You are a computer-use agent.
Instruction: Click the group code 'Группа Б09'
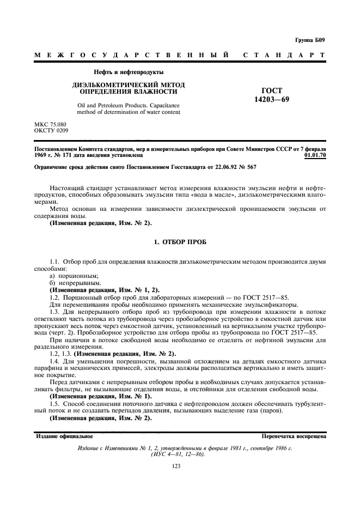coord(309,40)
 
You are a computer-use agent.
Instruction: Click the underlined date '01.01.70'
coord(315,155)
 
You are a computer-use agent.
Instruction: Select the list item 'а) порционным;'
coord(70,276)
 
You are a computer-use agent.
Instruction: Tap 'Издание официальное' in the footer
coord(64,436)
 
